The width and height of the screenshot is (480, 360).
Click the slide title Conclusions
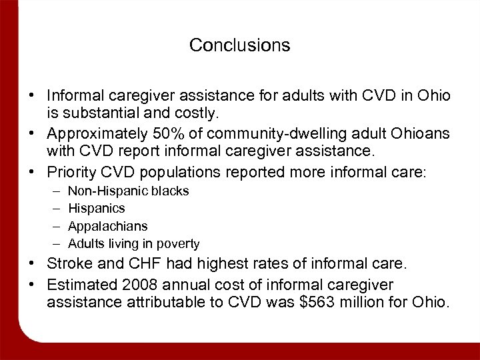239,45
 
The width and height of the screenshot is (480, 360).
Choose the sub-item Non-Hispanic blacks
129,191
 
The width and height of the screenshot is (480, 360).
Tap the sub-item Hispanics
97,209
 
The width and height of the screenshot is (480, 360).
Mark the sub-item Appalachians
108,227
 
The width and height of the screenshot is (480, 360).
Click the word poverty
178,244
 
